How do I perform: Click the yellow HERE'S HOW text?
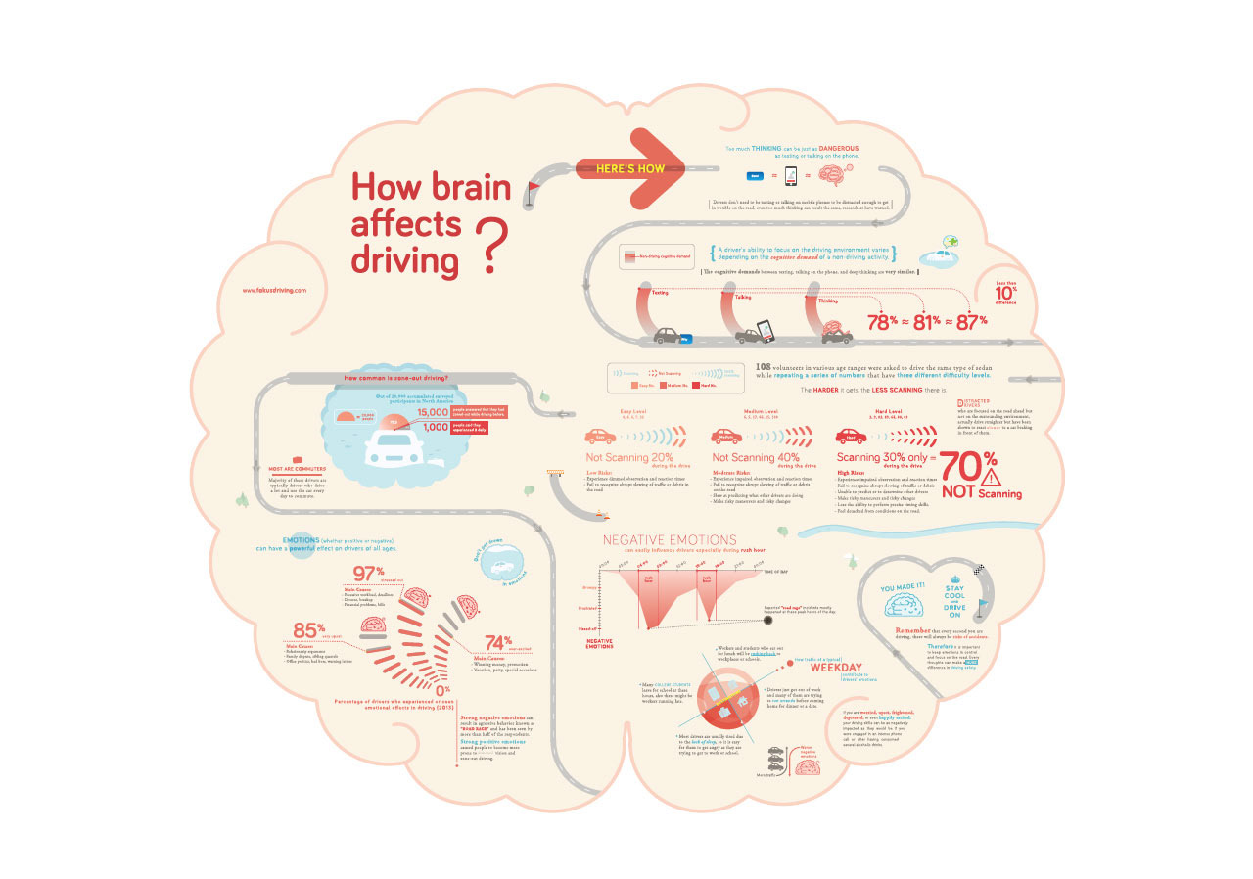tap(631, 168)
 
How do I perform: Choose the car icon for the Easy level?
tap(600, 437)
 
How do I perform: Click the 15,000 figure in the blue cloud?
tap(433, 414)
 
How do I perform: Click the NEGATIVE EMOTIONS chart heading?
tap(670, 539)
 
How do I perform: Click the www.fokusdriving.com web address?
tap(275, 290)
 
